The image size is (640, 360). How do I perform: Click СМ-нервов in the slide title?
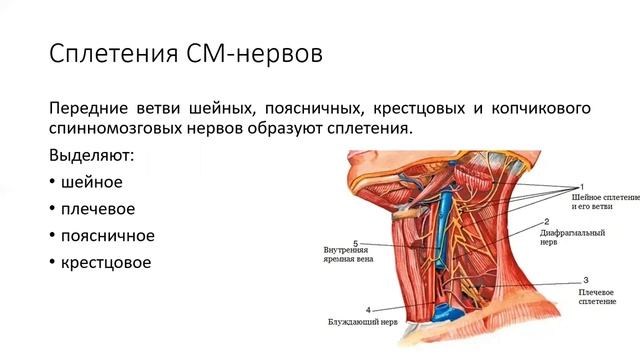(260, 53)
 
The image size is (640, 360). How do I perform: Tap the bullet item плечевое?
(99, 210)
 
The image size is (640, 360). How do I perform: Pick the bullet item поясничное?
(107, 236)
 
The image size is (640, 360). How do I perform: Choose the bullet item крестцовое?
(105, 263)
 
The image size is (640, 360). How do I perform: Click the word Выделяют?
(96, 157)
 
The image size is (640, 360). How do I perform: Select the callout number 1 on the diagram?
(581, 187)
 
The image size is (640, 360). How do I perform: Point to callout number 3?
(585, 280)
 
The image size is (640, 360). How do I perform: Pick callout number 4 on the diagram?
(369, 310)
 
